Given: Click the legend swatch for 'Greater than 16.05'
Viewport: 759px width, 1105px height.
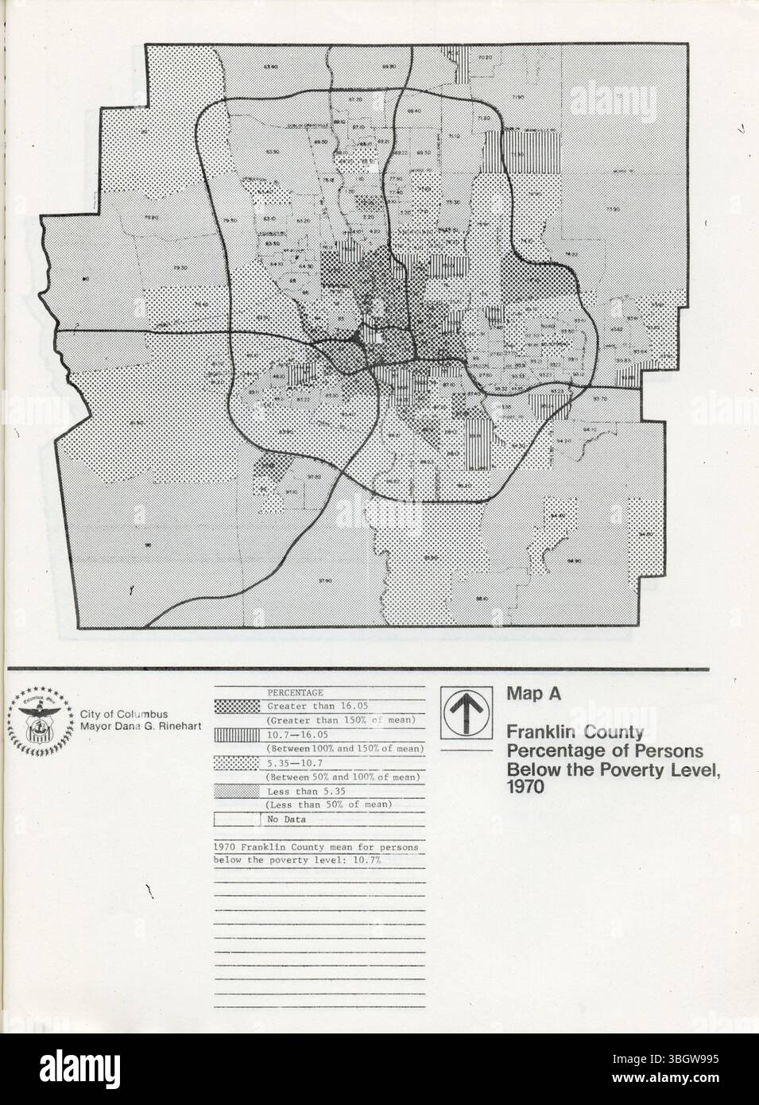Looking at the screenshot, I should (237, 705).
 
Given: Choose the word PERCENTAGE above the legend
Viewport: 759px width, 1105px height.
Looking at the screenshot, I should (295, 692).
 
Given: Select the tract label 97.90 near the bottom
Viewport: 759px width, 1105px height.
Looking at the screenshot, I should (324, 581).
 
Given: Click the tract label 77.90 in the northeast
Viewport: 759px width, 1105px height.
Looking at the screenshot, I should (612, 209).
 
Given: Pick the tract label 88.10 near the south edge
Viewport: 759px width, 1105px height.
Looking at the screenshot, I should (481, 599).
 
